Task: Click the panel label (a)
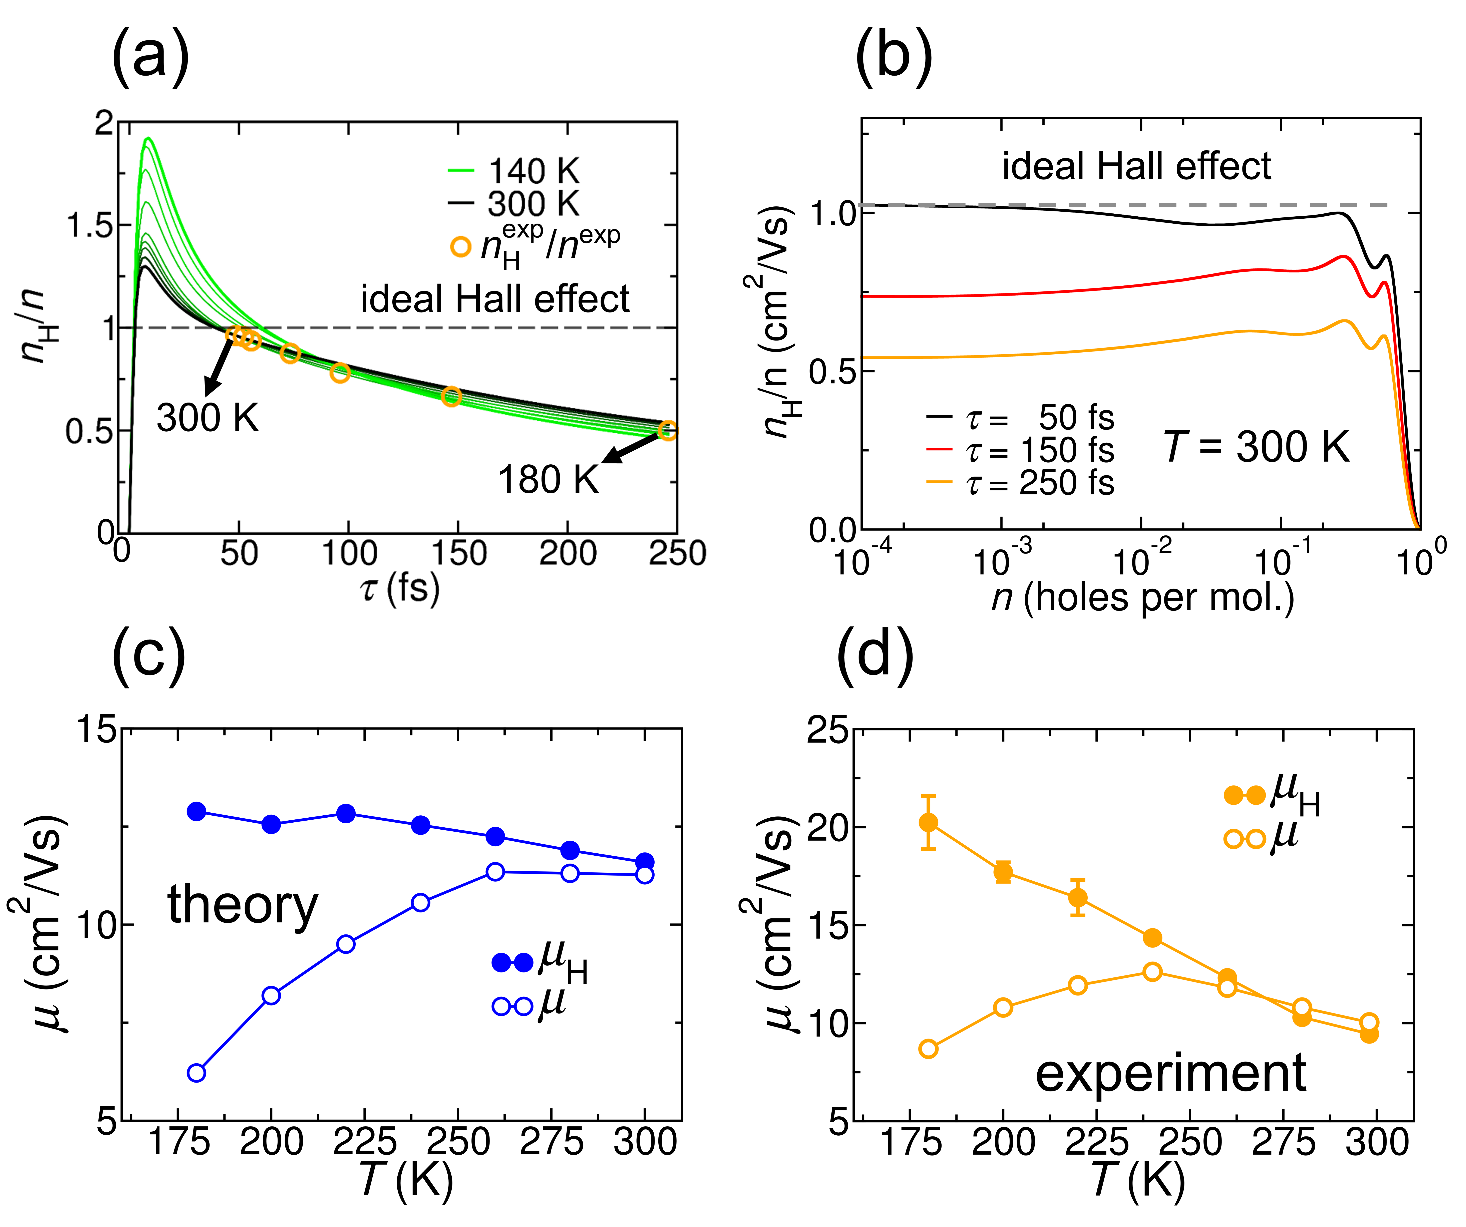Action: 150,56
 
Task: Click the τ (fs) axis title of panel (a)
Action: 399,588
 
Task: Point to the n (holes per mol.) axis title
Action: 1143,597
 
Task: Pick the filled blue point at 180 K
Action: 197,811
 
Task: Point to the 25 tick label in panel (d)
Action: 829,730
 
